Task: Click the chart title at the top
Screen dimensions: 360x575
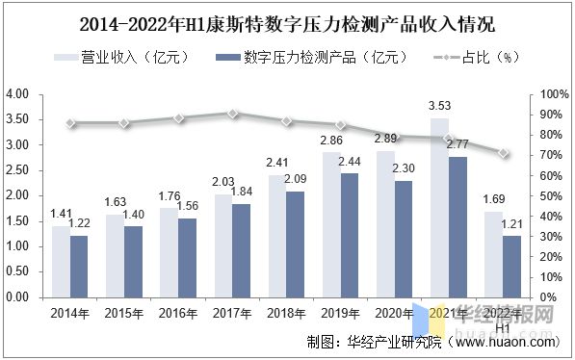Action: click(288, 22)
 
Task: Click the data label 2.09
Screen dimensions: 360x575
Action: click(299, 180)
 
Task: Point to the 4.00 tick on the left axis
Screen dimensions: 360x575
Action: click(18, 94)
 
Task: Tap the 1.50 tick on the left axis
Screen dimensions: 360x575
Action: click(18, 220)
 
